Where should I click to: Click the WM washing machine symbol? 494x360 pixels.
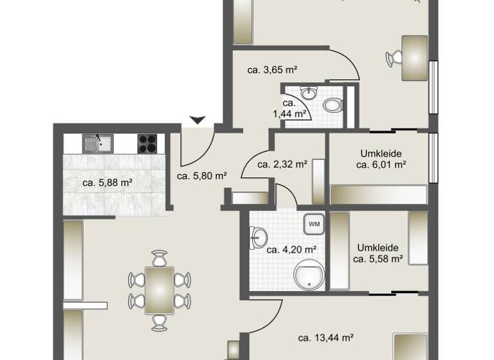tap(315, 224)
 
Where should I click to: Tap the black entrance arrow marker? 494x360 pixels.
tap(197, 120)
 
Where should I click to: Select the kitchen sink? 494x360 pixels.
tap(96, 143)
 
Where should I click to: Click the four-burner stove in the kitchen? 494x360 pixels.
tap(147, 143)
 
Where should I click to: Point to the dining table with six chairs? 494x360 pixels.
tap(159, 291)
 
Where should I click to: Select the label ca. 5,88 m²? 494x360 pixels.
tap(107, 183)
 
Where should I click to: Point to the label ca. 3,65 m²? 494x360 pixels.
tap(271, 69)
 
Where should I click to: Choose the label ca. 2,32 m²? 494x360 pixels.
tap(282, 164)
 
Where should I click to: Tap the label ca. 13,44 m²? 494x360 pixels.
tap(326, 337)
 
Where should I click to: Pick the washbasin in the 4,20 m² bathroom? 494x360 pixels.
tap(257, 238)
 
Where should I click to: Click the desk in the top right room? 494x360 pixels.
tap(414, 58)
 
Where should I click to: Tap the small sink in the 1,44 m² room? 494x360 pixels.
tap(310, 93)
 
